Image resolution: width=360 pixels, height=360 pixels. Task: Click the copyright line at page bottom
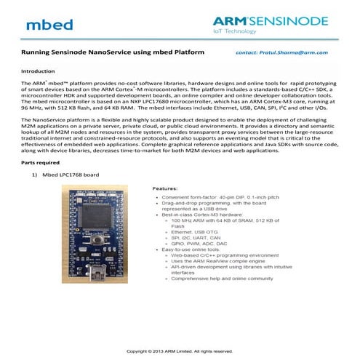tap(180, 351)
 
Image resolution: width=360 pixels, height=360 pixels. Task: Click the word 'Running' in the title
tap(32, 53)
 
